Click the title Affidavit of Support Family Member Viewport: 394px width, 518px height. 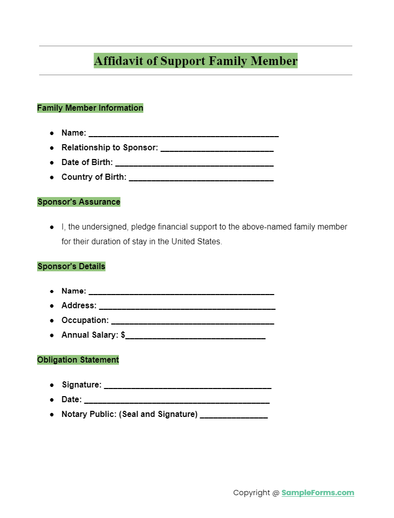point(196,61)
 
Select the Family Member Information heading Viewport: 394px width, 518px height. point(90,108)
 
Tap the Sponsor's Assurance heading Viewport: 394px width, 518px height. point(79,202)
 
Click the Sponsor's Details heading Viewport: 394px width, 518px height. point(71,266)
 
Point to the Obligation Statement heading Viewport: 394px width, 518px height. point(78,360)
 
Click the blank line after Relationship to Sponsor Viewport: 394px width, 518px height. point(217,149)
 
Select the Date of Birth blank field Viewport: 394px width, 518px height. point(194,164)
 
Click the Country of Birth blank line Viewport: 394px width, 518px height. point(201,179)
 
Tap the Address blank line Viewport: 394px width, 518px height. point(187,307)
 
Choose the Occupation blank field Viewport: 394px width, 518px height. point(192,322)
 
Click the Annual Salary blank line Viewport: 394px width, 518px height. point(196,337)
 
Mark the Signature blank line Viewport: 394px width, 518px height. point(188,386)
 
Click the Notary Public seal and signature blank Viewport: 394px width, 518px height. point(234,416)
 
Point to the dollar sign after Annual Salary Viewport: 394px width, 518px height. point(123,335)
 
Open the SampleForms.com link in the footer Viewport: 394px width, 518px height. point(318,493)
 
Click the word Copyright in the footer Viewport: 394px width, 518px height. point(252,493)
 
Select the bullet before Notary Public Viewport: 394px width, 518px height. point(52,414)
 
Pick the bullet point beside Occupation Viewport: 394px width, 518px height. point(52,320)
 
